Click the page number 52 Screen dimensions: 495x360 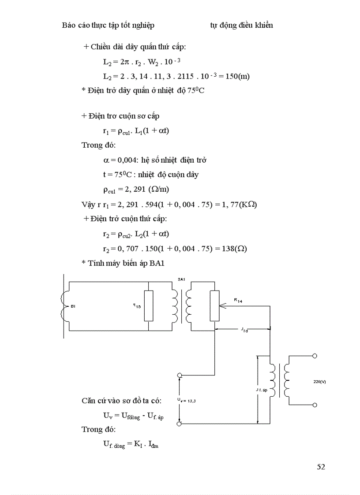(321, 467)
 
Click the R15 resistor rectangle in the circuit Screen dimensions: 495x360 (149, 306)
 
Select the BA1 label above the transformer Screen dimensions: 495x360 (181, 279)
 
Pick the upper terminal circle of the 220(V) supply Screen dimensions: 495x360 (315, 355)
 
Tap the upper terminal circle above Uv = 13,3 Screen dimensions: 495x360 (180, 375)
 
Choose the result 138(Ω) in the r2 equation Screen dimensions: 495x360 (235, 248)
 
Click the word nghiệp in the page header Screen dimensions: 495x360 (142, 25)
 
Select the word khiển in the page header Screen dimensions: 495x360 (262, 25)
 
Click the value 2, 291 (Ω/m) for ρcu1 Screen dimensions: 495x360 (139, 190)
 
